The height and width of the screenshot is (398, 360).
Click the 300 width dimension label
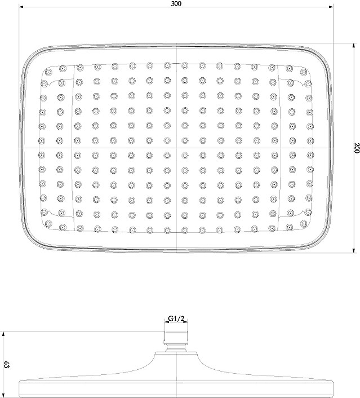tap(176, 3)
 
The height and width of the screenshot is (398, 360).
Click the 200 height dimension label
tap(357, 148)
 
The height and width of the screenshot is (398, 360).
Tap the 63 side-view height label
tap(7, 365)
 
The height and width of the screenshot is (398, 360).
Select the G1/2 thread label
tap(176, 318)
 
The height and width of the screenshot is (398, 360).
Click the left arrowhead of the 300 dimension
tap(21, 7)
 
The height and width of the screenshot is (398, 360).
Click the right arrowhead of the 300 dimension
tap(331, 7)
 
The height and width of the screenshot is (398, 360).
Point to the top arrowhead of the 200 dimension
tap(354, 46)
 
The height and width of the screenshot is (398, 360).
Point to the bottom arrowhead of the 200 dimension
tap(354, 251)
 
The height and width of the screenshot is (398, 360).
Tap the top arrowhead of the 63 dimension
tap(3, 334)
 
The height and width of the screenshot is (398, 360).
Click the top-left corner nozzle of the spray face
tap(48, 72)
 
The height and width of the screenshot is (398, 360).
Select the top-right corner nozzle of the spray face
tap(304, 72)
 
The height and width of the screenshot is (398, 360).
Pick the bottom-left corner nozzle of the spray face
tap(48, 224)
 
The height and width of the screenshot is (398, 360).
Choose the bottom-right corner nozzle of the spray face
tap(304, 223)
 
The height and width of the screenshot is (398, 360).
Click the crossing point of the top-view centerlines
tap(176, 148)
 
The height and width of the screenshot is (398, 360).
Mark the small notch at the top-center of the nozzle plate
tap(176, 64)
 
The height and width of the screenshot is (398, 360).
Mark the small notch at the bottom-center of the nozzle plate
tap(176, 232)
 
